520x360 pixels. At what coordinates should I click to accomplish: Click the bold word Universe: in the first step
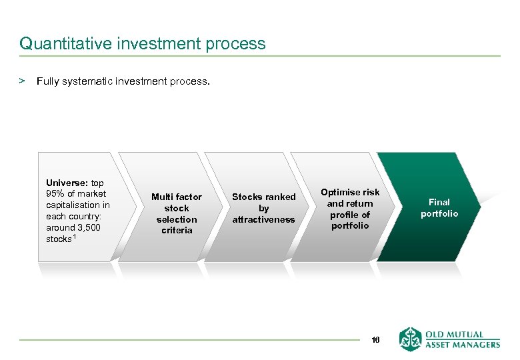[x=67, y=183]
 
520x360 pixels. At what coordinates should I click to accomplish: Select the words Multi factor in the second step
[x=176, y=197]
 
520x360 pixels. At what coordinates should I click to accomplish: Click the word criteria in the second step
[x=176, y=231]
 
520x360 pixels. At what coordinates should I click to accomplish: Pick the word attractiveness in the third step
[x=263, y=219]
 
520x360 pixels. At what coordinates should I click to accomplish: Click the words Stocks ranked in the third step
[x=263, y=197]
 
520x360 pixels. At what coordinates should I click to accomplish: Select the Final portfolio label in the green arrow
[x=439, y=208]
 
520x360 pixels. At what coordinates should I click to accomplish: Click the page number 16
[x=375, y=340]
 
